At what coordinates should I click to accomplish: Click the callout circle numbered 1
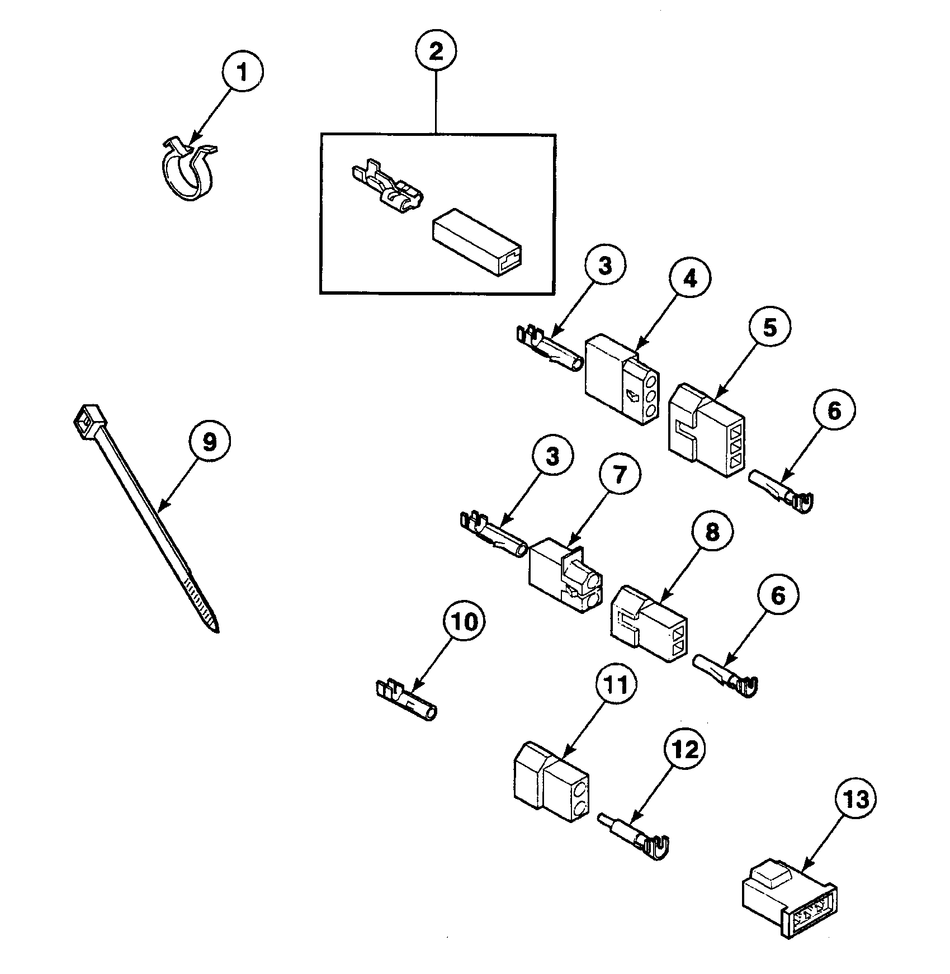tap(242, 73)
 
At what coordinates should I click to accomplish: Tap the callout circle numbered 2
tap(436, 52)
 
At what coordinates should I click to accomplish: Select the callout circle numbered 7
tap(620, 474)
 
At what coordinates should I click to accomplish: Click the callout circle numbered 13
tap(855, 800)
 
